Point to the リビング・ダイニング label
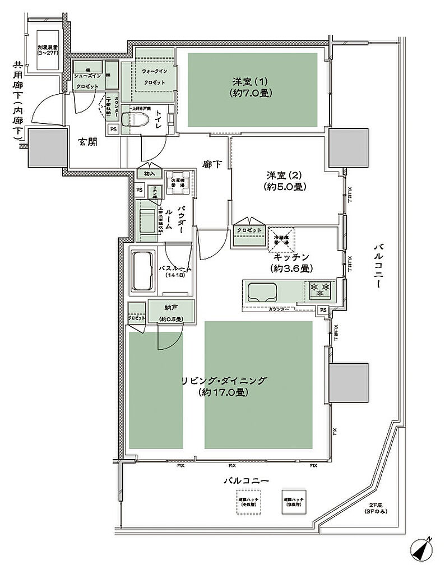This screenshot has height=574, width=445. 224,386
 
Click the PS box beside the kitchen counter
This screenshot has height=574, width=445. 323,309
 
